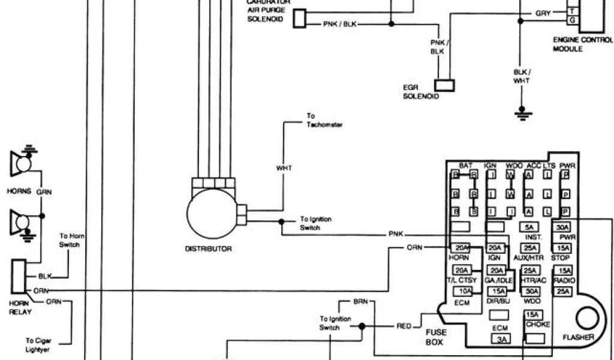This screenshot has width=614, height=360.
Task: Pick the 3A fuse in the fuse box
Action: (501, 340)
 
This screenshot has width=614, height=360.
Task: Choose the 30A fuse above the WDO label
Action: (530, 291)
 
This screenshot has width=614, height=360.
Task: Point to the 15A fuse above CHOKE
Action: (532, 315)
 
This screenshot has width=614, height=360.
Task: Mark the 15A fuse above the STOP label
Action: (563, 248)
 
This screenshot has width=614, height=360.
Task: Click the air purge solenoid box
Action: (299, 19)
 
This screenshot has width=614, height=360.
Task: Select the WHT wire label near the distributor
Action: (284, 168)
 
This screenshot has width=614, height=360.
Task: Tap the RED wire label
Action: (404, 326)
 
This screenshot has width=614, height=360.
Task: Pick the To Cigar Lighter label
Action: (37, 344)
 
